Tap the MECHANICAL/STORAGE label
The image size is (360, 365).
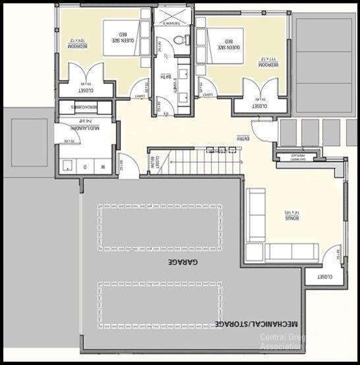[257, 324]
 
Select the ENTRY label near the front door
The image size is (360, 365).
[243, 139]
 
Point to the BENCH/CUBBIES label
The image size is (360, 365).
[86, 107]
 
